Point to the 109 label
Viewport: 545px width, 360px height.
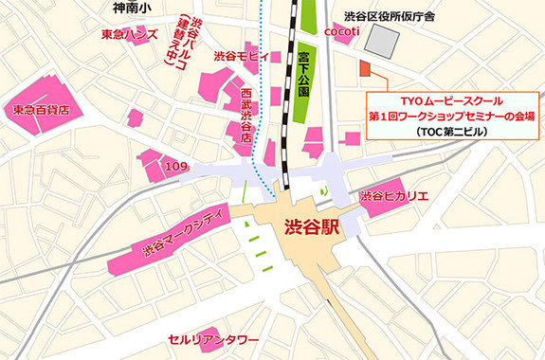[x=177, y=167]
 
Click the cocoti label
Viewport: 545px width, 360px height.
[x=339, y=31]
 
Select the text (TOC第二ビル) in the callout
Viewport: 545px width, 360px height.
[x=451, y=133]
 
